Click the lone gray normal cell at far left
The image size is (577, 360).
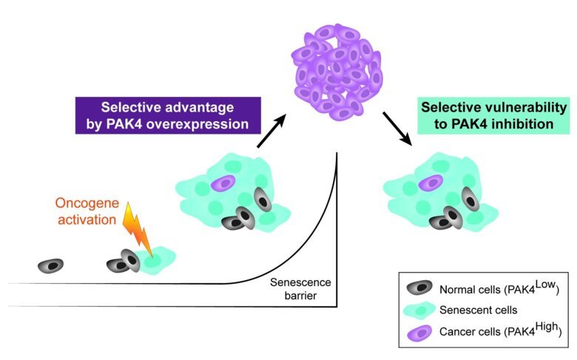tap(50, 265)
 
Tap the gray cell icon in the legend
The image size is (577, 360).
tap(420, 289)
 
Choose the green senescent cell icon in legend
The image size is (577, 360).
tap(420, 311)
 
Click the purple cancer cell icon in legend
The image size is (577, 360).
tap(420, 333)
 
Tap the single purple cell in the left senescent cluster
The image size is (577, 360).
tap(222, 183)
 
